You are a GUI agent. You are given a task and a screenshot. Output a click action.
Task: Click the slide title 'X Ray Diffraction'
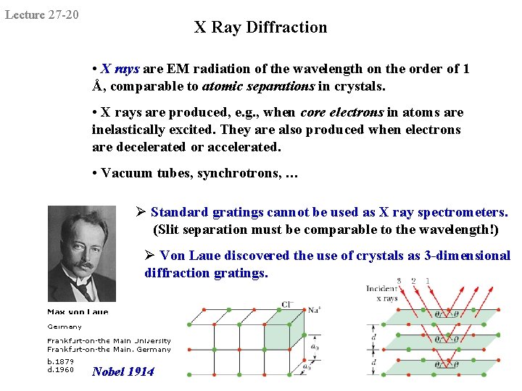pyautogui.click(x=260, y=28)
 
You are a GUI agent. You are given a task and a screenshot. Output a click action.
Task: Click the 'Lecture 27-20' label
pyautogui.click(x=42, y=14)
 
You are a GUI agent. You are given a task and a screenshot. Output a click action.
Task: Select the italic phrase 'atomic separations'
pyautogui.click(x=258, y=86)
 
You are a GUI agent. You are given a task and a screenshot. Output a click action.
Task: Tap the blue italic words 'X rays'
pyautogui.click(x=120, y=69)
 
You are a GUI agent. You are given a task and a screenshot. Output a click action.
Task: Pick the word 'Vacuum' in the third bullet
pyautogui.click(x=124, y=173)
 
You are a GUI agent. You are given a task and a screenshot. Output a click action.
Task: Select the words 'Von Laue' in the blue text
pyautogui.click(x=187, y=256)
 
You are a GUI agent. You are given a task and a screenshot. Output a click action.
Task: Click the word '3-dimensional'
pyautogui.click(x=468, y=256)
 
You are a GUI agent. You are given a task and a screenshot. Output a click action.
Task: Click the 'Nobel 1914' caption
pyautogui.click(x=123, y=371)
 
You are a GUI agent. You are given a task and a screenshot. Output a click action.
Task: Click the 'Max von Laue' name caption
pyautogui.click(x=78, y=312)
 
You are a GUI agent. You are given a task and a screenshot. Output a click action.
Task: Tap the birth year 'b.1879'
pyautogui.click(x=60, y=361)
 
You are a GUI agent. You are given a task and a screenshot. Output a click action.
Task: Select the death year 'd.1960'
pyautogui.click(x=60, y=369)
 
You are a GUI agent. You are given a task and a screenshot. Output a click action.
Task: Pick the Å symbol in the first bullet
pyautogui.click(x=96, y=86)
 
